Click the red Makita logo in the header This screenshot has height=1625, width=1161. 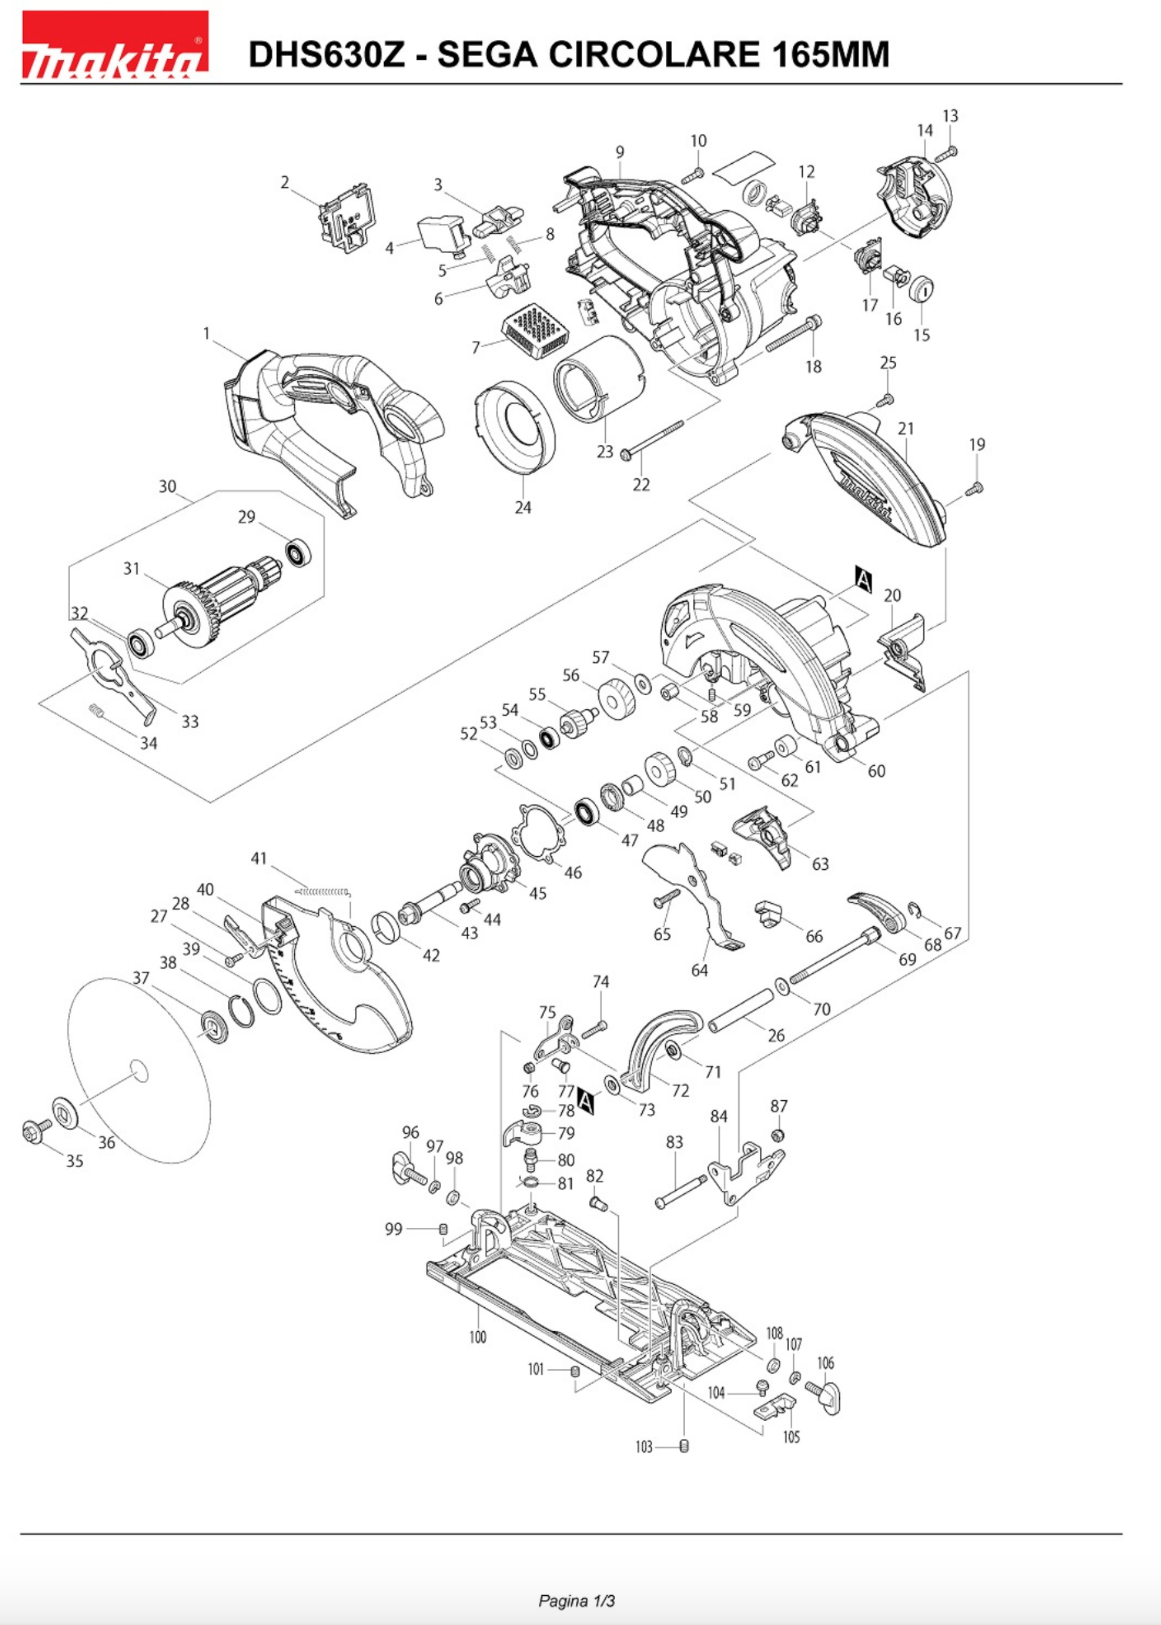(114, 44)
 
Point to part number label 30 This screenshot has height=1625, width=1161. (167, 486)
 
